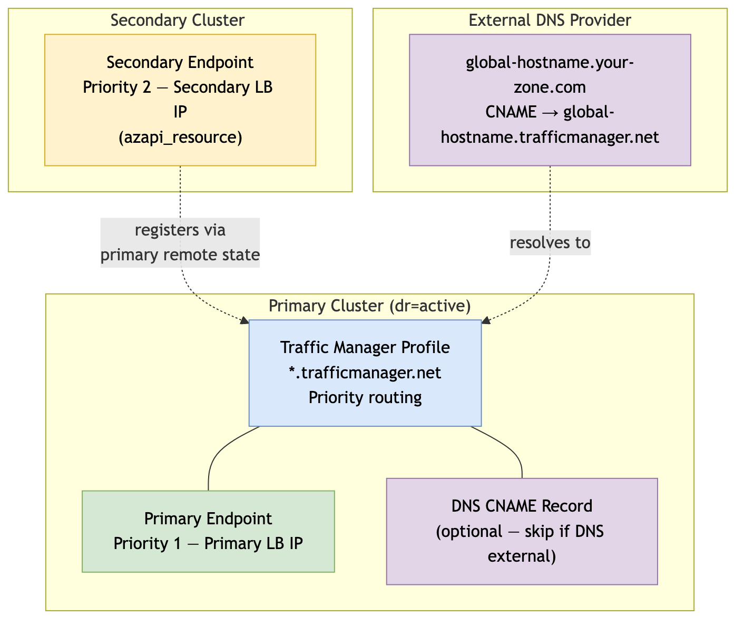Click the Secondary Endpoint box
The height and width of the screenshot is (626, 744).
point(180,100)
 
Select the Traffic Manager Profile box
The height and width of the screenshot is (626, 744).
point(365,373)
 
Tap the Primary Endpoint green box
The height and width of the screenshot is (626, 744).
point(208,531)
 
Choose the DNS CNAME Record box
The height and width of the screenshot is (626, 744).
point(522,531)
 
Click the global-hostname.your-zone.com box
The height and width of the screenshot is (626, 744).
point(550,100)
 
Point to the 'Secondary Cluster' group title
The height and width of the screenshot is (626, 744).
point(178,21)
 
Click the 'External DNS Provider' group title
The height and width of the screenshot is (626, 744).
point(550,21)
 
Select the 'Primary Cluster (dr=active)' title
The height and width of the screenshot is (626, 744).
point(369,306)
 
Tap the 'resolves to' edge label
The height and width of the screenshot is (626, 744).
point(550,243)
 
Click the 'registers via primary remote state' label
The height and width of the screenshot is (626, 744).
point(180,243)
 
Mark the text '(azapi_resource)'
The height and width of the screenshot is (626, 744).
point(180,138)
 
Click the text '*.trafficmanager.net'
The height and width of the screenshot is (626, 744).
point(365,373)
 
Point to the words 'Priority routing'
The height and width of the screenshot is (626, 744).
point(365,397)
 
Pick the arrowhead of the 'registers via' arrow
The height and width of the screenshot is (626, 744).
point(244,320)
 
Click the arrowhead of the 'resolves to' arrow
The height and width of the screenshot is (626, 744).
point(486,320)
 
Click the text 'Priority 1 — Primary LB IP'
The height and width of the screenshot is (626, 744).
point(208,543)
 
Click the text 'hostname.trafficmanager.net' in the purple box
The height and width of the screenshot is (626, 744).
point(550,138)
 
